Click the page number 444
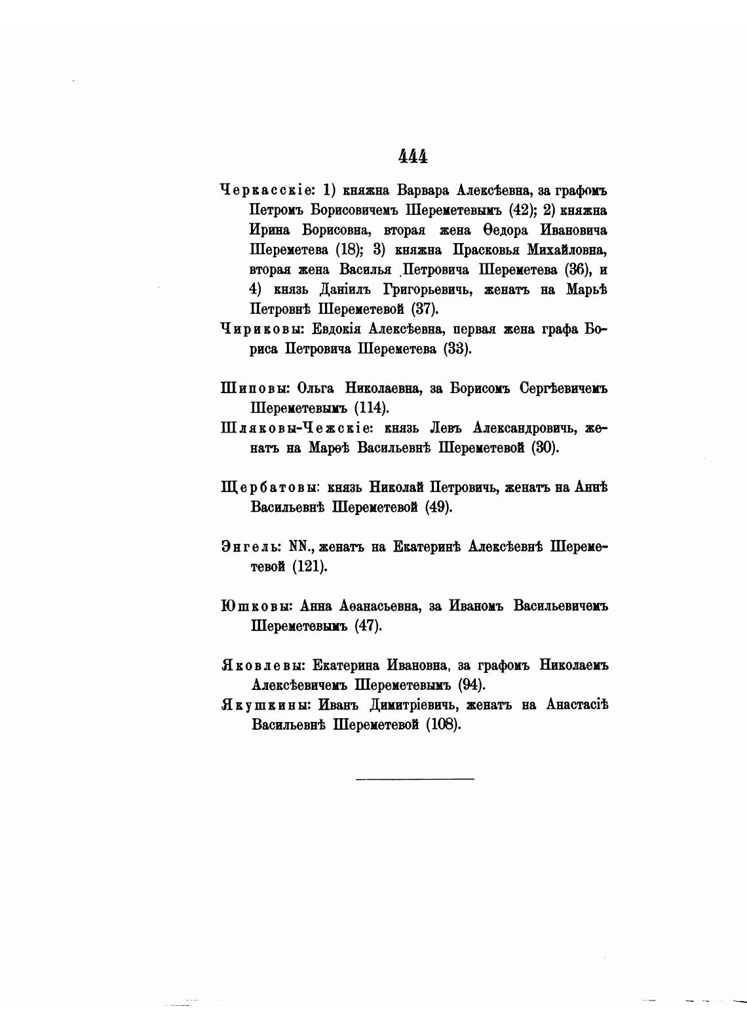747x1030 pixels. coord(413,157)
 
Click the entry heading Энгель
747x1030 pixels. coord(251,547)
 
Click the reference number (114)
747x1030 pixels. coord(372,408)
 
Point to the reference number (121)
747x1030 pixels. coord(309,566)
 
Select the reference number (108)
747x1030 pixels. coord(444,725)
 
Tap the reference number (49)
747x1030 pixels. coord(438,507)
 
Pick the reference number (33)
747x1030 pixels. coord(457,349)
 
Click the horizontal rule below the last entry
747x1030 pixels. coord(415,778)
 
